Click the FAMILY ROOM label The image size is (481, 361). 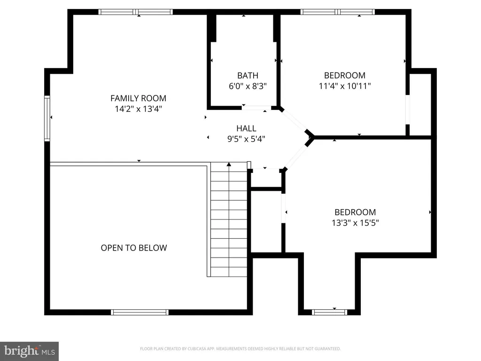(x=139, y=98)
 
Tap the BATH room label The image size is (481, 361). (x=248, y=76)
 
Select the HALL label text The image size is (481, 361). (x=246, y=128)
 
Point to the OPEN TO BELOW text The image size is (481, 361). (x=134, y=248)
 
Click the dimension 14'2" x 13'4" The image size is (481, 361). (x=139, y=109)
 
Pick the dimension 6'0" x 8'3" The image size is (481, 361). (x=248, y=86)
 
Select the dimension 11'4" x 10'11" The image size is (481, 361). (x=345, y=86)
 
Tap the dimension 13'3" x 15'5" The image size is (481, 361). (x=355, y=222)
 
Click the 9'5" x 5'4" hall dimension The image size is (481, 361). (x=246, y=139)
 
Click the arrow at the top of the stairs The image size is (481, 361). (x=229, y=165)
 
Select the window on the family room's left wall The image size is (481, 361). (x=47, y=118)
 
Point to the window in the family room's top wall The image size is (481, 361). (x=136, y=12)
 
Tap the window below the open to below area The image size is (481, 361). (x=140, y=312)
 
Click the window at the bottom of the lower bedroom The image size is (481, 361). (x=329, y=312)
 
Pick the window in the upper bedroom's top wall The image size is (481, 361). (x=337, y=12)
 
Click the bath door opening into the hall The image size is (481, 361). (x=256, y=108)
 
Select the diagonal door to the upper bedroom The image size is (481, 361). (x=294, y=121)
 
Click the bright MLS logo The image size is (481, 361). (x=30, y=351)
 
